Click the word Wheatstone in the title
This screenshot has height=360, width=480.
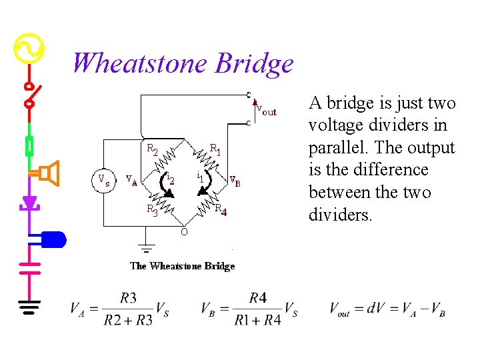pos(140,63)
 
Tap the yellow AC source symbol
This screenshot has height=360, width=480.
pos(29,49)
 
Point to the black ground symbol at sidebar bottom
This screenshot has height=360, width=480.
pos(29,306)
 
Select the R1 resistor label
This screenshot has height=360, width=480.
pos(215,148)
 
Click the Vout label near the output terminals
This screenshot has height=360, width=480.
pos(266,111)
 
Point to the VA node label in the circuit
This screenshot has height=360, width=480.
pos(131,180)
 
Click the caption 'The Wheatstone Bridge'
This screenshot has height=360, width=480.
pos(182,266)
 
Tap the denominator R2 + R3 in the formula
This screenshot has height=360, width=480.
pos(128,320)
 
